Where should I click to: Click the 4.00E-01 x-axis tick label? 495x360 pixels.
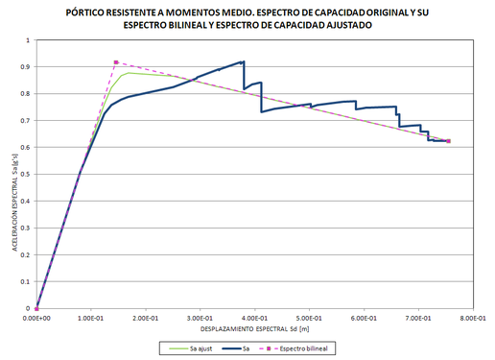click(255, 316)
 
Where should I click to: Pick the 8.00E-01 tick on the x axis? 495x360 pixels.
click(474, 316)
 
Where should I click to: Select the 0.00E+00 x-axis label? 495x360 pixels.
click(35, 316)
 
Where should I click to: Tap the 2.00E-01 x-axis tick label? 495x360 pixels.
click(146, 316)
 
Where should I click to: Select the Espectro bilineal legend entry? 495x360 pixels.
click(305, 350)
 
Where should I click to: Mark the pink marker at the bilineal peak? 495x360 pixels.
click(116, 62)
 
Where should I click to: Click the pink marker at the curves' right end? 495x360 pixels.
click(448, 141)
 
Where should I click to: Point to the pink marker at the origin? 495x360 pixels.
click(36, 308)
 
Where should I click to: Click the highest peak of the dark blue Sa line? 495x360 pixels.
click(244, 62)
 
